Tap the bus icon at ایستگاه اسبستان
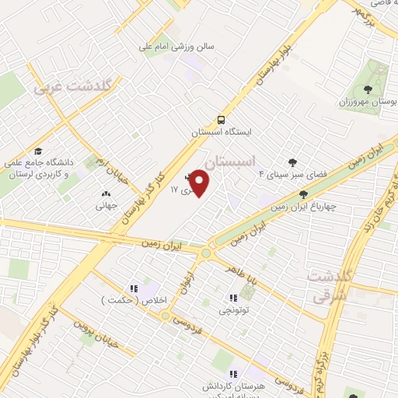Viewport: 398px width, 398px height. click(x=222, y=120)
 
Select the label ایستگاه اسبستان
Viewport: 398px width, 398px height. click(x=222, y=133)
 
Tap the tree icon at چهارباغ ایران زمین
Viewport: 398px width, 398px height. click(x=302, y=194)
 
